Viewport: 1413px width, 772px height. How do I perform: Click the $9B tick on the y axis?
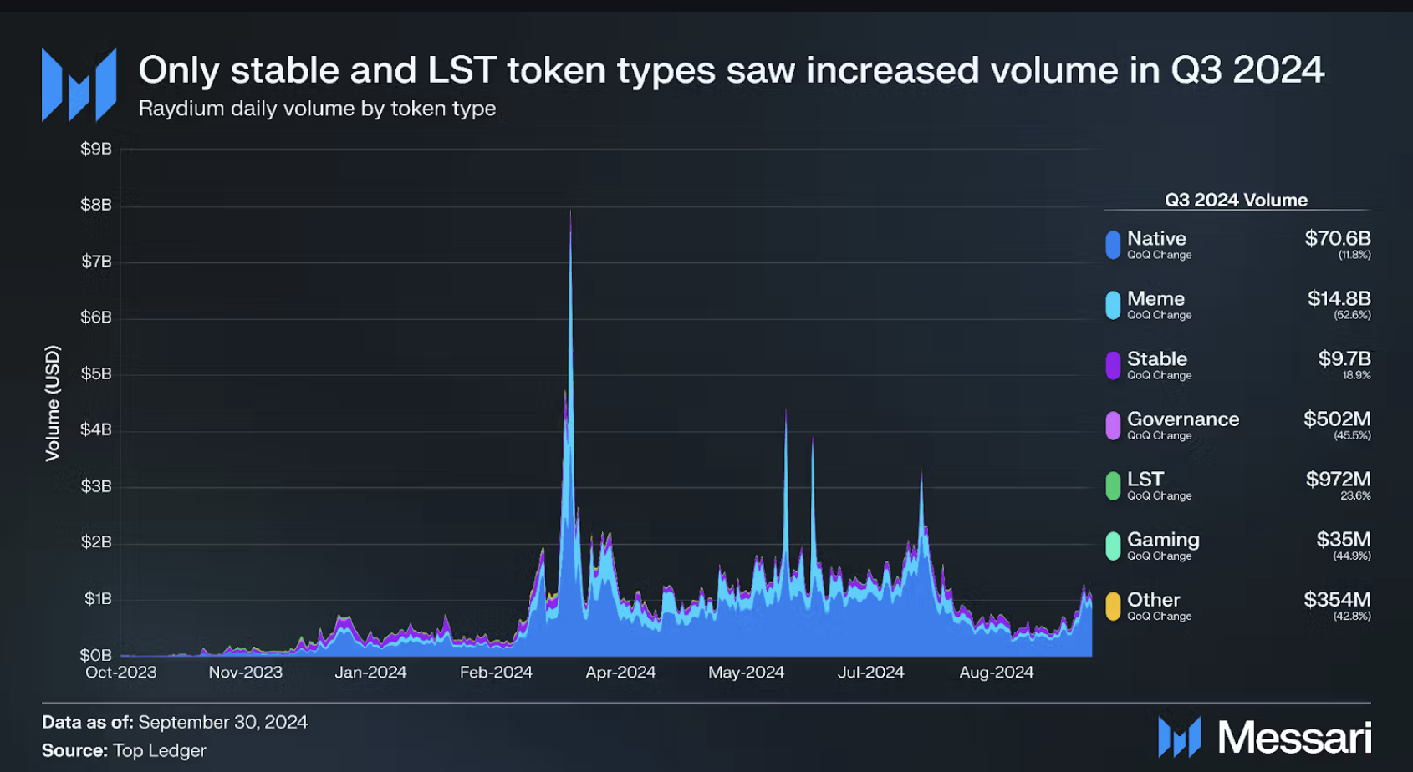coord(95,149)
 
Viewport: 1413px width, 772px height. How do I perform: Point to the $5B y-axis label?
coord(95,373)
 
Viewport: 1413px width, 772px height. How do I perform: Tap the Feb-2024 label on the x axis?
coord(496,673)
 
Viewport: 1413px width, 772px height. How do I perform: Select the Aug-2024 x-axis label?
coord(996,673)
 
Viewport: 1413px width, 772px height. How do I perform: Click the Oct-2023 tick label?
coord(120,673)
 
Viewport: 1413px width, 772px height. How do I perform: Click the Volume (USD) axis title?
coord(53,403)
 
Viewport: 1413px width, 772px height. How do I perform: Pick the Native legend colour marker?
coord(1113,245)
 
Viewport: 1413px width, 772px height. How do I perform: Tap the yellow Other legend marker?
coord(1113,606)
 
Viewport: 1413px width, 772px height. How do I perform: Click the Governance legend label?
coord(1182,419)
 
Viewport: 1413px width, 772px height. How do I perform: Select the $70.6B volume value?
coord(1337,239)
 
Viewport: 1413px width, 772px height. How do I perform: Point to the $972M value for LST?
coord(1338,480)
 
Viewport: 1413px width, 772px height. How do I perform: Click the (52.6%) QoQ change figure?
coord(1352,316)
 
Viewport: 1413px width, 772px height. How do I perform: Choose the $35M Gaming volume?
coord(1343,540)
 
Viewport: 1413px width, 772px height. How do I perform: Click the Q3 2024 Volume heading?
coord(1236,201)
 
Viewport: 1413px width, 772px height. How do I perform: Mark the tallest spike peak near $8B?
coord(570,212)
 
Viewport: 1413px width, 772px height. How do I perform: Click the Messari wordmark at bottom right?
coord(1293,738)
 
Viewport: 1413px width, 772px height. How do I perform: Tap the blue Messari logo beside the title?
coord(79,84)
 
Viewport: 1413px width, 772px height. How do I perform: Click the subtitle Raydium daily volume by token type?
coord(317,109)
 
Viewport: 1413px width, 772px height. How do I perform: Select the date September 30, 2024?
coord(222,722)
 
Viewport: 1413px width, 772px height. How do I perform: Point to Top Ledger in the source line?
coord(159,750)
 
